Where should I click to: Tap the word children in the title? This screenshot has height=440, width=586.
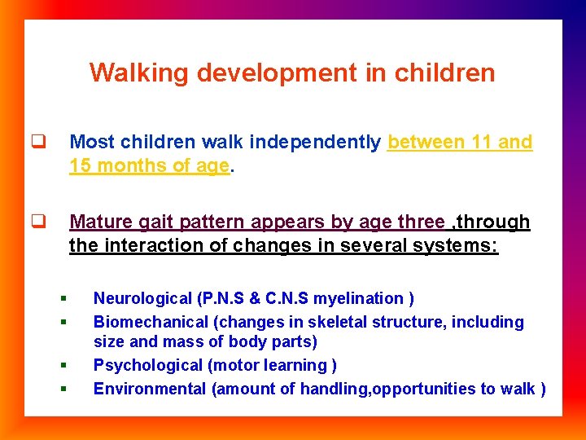[444, 73]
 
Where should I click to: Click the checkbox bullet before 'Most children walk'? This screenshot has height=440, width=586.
[37, 142]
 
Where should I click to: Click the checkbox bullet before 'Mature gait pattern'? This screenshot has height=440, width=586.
[37, 222]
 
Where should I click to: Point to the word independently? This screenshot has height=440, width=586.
[315, 142]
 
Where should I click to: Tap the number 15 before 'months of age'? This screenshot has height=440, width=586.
[80, 165]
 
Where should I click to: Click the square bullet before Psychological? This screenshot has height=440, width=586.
[63, 366]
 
